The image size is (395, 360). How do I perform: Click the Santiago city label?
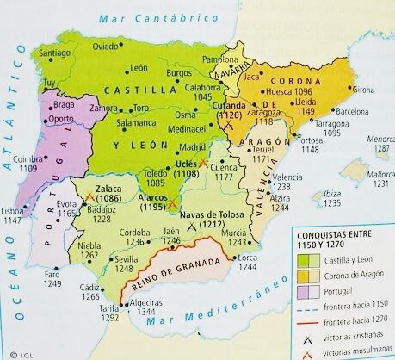click(54, 53)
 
